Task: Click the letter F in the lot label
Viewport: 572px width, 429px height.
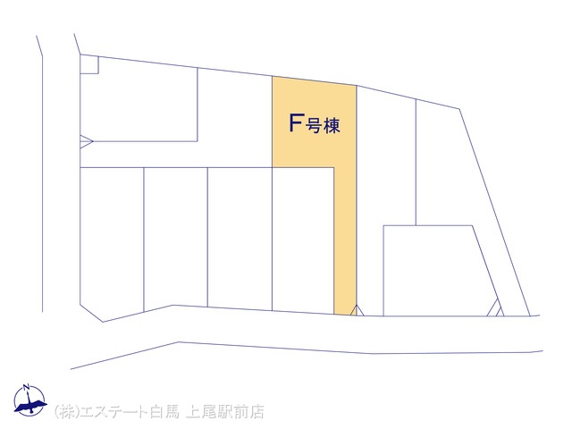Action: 296,123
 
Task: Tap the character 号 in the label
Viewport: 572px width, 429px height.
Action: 313,126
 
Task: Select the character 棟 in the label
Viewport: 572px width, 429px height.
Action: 332,126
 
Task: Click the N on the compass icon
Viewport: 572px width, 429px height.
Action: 26,387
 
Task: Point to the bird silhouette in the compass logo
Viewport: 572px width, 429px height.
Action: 30,406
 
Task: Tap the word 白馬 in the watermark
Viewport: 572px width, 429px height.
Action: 164,412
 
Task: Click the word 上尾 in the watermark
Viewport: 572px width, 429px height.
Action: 200,412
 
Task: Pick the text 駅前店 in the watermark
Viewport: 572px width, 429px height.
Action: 240,412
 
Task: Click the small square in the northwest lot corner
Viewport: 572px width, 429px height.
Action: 89,64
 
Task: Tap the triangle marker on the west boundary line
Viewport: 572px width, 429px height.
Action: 87,141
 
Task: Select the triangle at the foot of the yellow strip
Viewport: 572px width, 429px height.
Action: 357,310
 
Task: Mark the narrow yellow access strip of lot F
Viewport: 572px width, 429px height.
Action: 345,240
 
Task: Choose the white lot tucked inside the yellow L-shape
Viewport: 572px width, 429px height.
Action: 303,240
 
